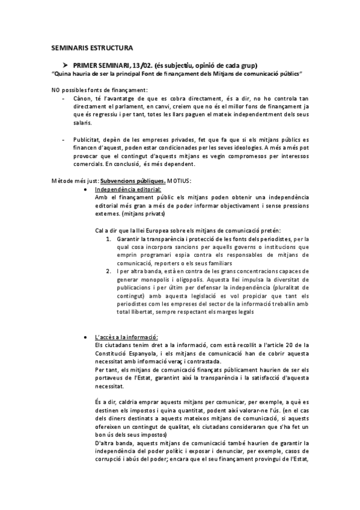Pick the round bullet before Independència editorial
pos(88,189)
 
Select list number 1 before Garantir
pos(108,239)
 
